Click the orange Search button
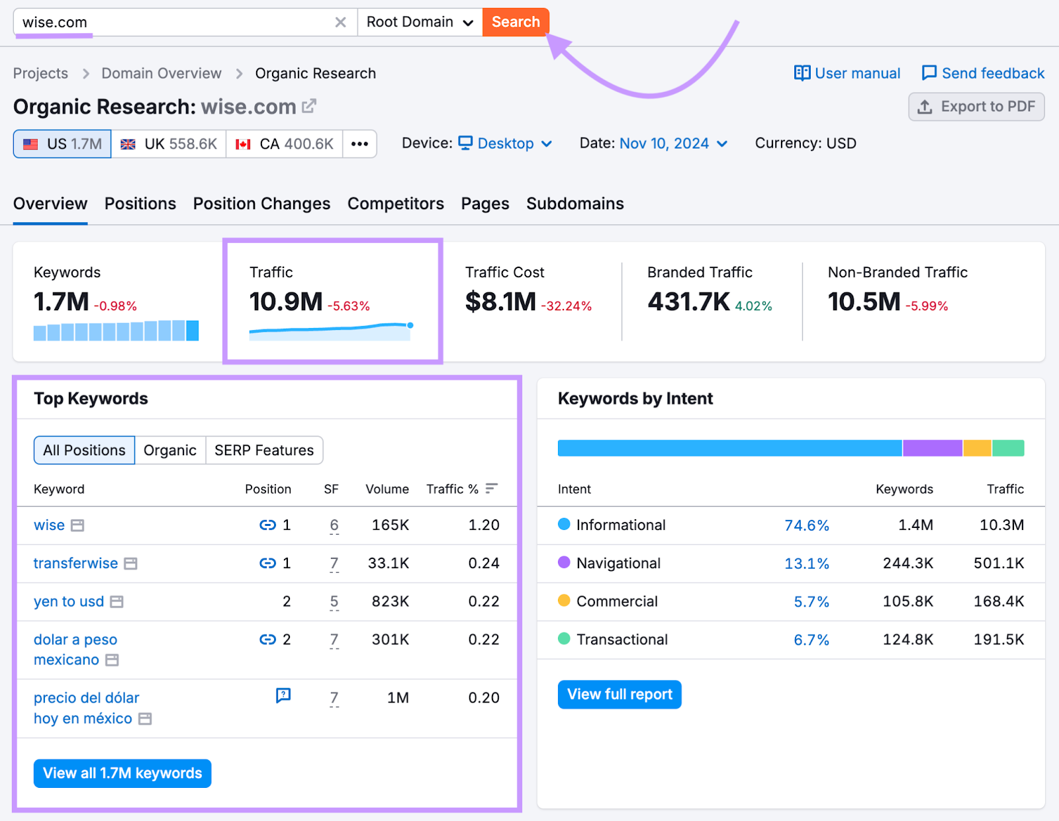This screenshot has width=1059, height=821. [x=516, y=22]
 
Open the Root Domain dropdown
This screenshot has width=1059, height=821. [x=420, y=22]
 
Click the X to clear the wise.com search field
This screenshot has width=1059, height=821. [x=340, y=22]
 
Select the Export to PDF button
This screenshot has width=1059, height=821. [x=976, y=107]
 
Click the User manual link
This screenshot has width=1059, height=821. [x=847, y=73]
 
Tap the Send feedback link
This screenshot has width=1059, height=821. [x=983, y=73]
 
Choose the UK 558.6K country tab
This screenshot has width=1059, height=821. [x=169, y=144]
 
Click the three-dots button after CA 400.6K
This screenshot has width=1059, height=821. [x=359, y=144]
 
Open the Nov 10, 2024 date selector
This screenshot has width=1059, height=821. [x=672, y=144]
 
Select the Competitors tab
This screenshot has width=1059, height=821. [x=395, y=204]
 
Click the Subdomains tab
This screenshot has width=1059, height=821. [x=575, y=204]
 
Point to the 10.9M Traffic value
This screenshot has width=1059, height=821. [x=286, y=302]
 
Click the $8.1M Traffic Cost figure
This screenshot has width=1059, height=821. [x=500, y=302]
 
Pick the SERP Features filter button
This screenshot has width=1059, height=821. [x=263, y=451]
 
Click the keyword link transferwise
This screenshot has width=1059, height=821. [x=75, y=564]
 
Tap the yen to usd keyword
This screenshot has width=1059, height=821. [x=69, y=602]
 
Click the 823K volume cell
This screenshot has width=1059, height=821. [x=390, y=602]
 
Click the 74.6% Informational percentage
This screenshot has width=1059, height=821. [x=806, y=525]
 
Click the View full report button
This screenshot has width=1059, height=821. [x=620, y=695]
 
